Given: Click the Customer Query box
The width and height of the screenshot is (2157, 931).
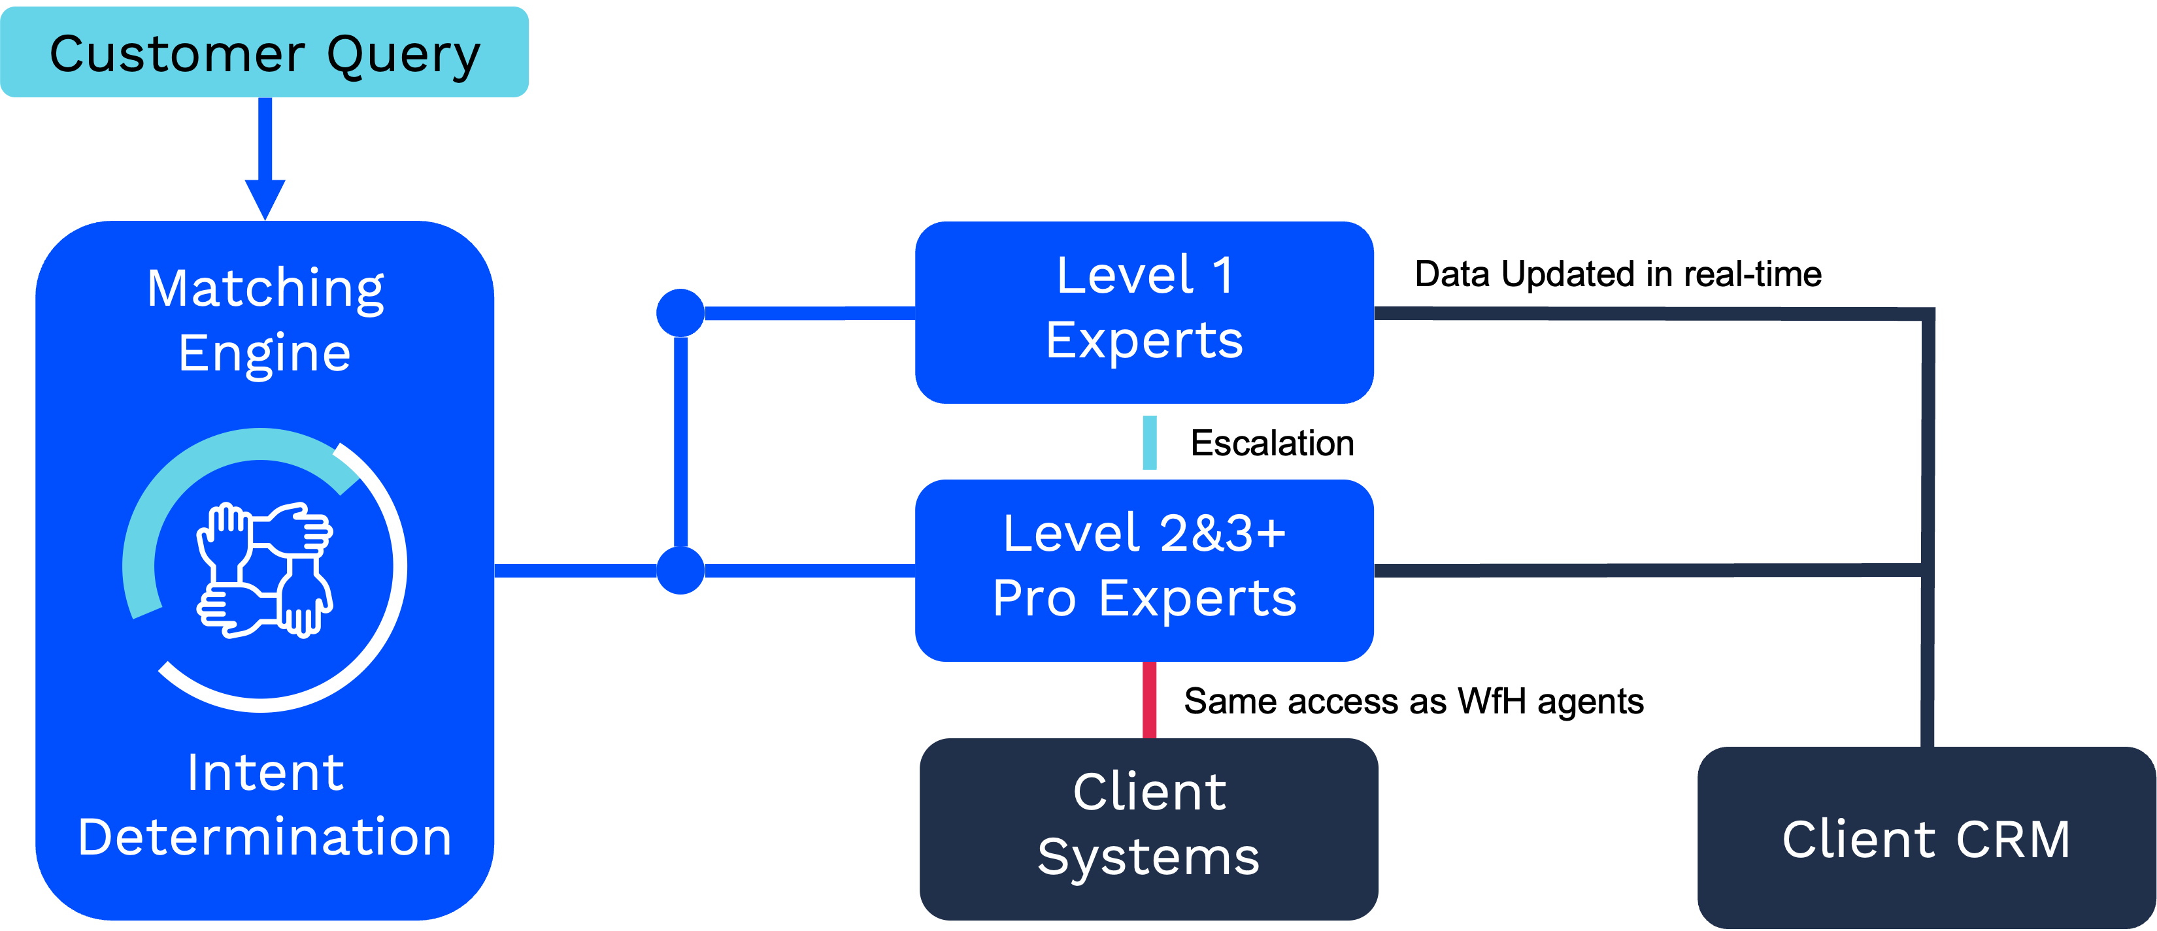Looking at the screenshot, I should tap(264, 52).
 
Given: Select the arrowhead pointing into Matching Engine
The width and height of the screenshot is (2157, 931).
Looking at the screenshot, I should tap(265, 199).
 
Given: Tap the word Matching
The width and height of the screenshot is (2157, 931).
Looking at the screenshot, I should tap(265, 289).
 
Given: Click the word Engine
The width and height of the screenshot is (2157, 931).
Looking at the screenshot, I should tap(265, 353).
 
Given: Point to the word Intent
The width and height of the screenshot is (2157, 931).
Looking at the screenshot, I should tap(265, 772).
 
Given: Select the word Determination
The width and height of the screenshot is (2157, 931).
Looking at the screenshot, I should tap(265, 837).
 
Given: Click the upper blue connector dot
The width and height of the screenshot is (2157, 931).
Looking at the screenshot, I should tap(680, 312).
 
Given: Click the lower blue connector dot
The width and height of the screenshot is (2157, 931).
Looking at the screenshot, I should tap(680, 570).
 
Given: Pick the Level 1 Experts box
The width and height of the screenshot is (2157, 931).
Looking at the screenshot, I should tap(1144, 312).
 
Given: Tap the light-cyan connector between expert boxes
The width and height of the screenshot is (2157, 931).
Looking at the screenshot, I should tap(1150, 442).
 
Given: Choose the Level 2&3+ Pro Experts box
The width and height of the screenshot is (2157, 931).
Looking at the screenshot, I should tap(1144, 569).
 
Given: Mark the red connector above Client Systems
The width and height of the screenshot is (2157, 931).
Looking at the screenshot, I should tap(1150, 700).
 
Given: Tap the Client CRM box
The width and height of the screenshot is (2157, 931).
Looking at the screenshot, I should tap(1926, 837).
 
